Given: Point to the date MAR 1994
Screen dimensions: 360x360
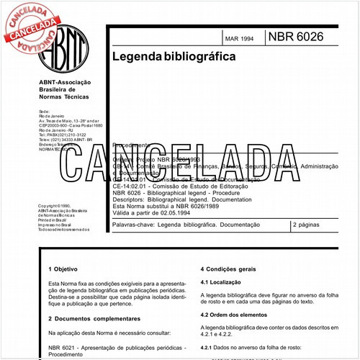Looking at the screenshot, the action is click(x=240, y=38).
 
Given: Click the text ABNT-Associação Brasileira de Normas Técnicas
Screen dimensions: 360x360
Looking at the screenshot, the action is click(x=67, y=89).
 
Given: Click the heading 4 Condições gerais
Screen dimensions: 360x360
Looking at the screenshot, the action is click(x=235, y=269).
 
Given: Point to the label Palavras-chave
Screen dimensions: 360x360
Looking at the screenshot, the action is click(x=135, y=225).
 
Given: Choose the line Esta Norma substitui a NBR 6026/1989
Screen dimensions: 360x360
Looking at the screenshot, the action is click(x=172, y=205).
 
